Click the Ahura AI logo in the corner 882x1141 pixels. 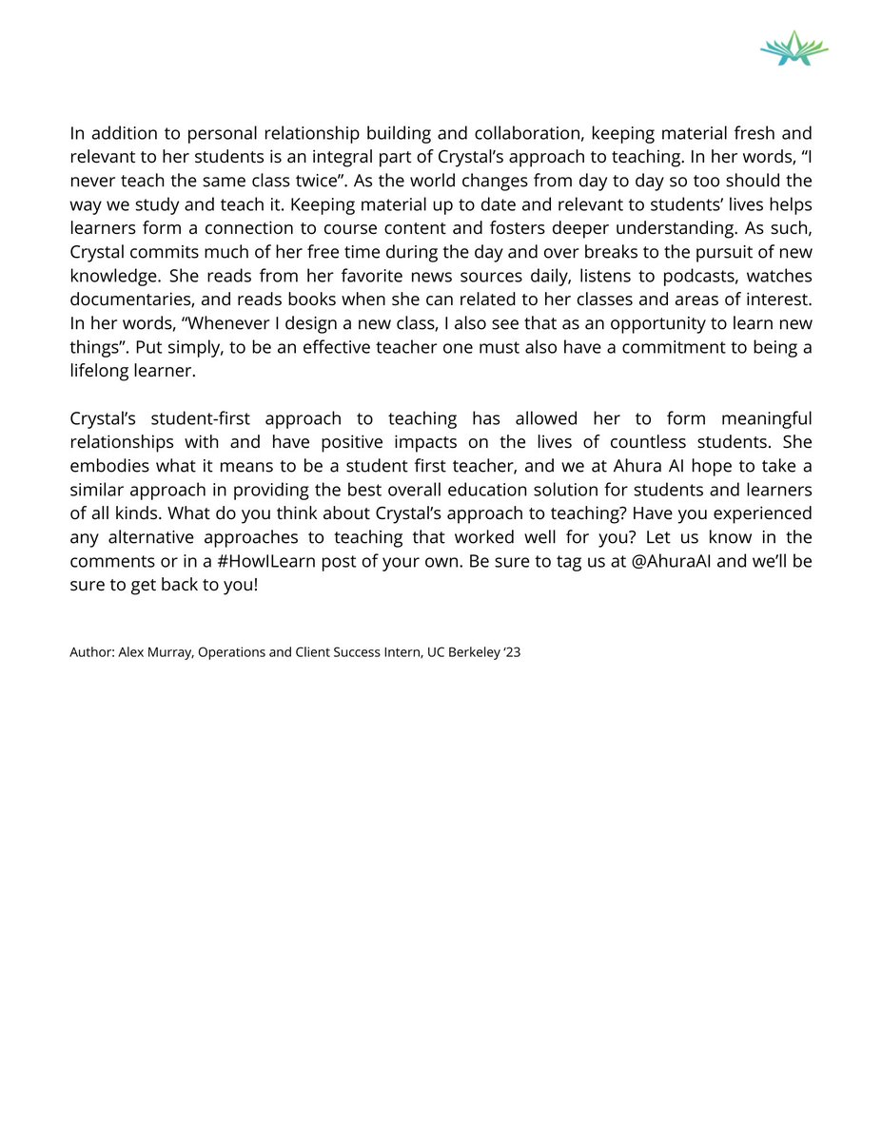click(x=794, y=48)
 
